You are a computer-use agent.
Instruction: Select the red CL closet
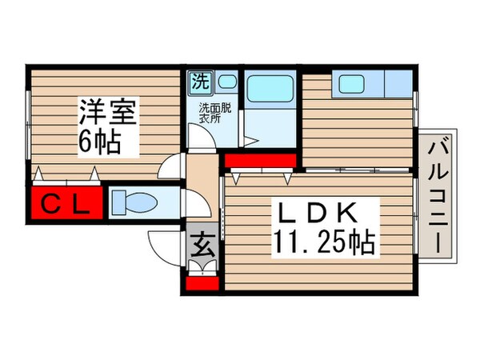click(67, 202)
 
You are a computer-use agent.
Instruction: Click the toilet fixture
click(135, 202)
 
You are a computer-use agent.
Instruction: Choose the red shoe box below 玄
click(202, 282)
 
